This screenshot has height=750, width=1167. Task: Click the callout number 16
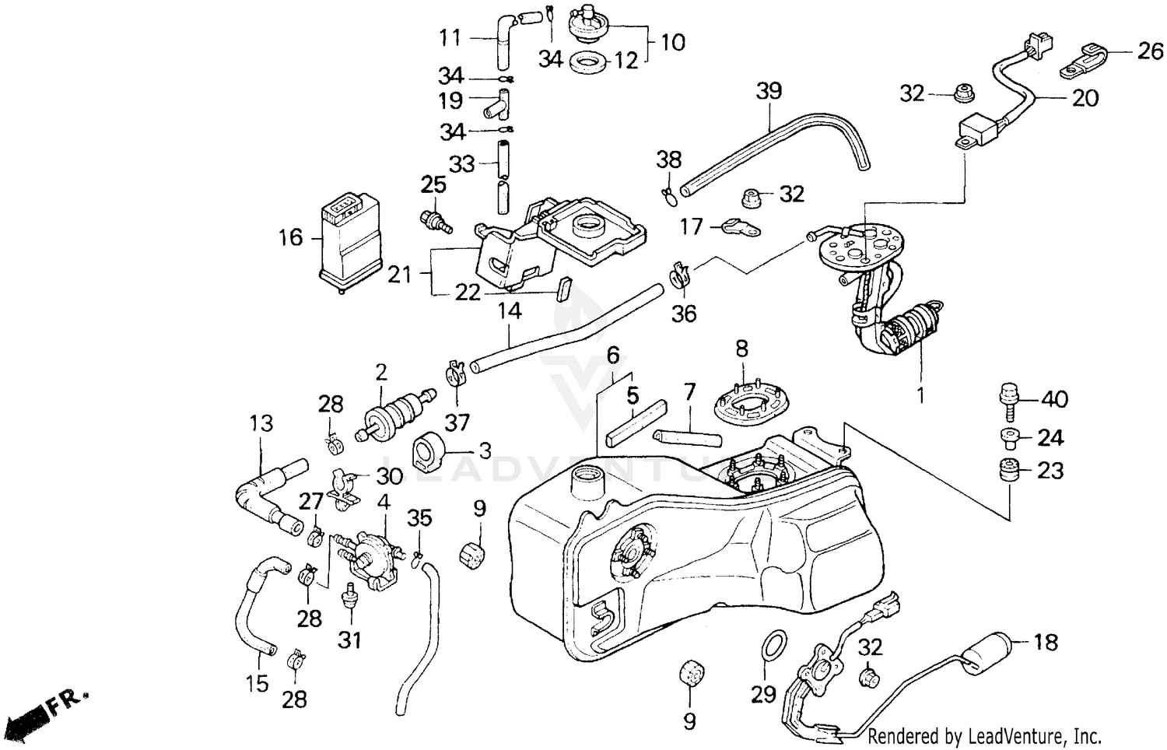pos(290,237)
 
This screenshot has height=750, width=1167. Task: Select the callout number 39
pos(769,92)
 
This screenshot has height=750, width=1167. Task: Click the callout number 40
pos(1054,399)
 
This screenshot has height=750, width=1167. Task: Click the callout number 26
pos(1151,51)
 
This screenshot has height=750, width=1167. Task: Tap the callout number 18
pos(1046,642)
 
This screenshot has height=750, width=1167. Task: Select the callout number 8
pos(741,349)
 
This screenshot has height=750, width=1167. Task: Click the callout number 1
pos(920,395)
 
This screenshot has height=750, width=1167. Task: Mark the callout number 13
pos(261,423)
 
